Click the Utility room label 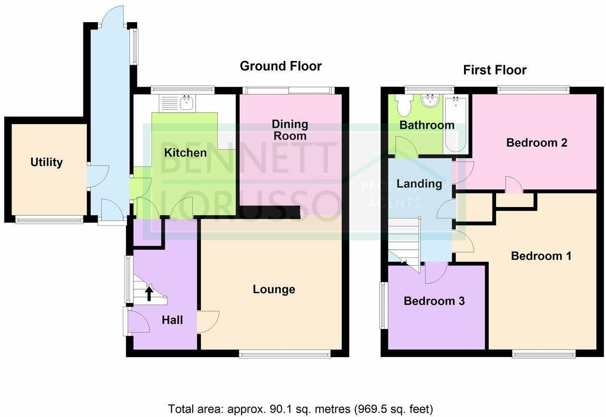[47, 162]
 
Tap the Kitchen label [186, 153]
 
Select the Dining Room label [290, 130]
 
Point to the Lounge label [274, 290]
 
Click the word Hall [172, 320]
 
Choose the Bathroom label [427, 125]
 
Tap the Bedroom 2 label [537, 143]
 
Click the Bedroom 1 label [541, 256]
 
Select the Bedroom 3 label [434, 301]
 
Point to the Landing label [420, 184]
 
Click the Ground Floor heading [281, 66]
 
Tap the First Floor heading [495, 70]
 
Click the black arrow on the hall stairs [149, 294]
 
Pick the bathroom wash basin [430, 101]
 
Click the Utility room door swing [98, 176]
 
